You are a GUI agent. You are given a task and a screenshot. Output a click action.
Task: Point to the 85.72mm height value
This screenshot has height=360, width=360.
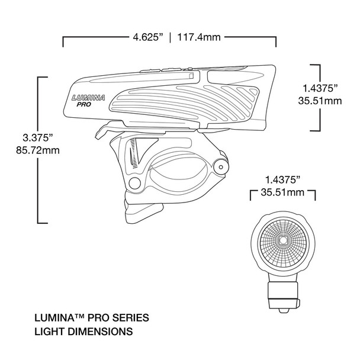click(x=30, y=150)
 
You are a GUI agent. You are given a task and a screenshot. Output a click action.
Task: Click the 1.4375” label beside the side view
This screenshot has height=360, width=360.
click(x=320, y=89)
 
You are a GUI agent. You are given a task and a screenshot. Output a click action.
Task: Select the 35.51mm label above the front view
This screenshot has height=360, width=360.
click(x=283, y=192)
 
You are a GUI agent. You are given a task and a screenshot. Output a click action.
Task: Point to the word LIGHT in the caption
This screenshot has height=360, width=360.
click(x=53, y=331)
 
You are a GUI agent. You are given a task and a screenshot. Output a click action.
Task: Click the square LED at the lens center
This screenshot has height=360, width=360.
click(x=282, y=240)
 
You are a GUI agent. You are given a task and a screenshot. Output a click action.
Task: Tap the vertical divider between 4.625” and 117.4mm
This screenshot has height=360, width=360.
click(x=171, y=37)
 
